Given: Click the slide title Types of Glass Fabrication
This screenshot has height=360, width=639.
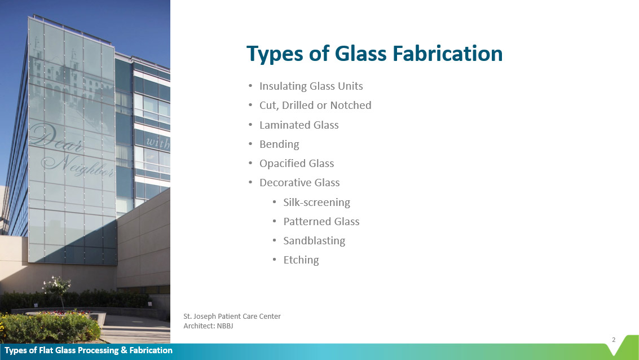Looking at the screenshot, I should point(374,54).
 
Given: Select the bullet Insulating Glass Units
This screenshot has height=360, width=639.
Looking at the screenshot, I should point(311,86).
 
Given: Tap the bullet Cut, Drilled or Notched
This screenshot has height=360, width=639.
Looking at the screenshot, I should point(315,106).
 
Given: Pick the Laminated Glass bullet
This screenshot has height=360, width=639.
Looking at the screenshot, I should point(299,125).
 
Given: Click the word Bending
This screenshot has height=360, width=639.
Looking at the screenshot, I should point(279,144).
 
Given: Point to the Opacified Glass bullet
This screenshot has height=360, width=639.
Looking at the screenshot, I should point(297,164).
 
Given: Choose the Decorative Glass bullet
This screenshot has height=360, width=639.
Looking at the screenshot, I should point(299,183).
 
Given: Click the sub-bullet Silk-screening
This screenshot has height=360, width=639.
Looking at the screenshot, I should point(316,202).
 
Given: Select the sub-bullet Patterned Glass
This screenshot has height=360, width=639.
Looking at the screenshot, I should point(321,221).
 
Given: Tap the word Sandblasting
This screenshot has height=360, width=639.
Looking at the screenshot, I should point(314,240).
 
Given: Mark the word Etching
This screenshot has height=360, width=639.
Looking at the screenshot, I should point(301,260).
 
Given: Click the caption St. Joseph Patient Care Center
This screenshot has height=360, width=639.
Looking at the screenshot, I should point(232,316).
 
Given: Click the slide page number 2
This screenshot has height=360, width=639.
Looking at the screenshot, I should point(614,340).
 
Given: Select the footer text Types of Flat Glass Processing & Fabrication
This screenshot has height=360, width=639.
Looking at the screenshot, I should point(89,350).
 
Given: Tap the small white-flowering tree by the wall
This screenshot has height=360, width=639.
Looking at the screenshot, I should point(56,286).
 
